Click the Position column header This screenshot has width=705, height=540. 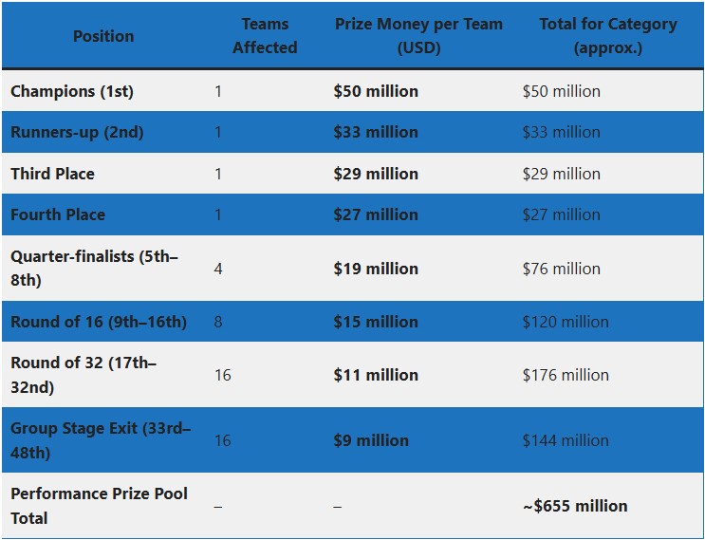pos(103,36)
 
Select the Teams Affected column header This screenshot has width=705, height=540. pos(265,35)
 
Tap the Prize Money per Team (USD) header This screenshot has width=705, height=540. pos(418,35)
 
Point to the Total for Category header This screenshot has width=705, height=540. pos(608,35)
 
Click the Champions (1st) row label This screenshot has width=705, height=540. pos(72,91)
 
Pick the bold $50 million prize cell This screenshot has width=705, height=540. pos(376,91)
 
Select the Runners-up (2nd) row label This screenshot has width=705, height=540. pos(77,132)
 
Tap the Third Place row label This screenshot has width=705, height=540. pos(52,174)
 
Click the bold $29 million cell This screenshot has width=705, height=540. pos(376,174)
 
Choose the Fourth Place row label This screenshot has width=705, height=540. pos(58,214)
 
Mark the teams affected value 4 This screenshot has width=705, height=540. pos(218,269)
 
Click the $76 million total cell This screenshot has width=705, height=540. pos(561,269)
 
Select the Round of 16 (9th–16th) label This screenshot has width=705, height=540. pos(99,322)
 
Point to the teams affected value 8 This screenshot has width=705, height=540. pos(218,322)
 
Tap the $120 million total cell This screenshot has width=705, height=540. pos(566,322)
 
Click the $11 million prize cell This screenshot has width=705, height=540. pos(376,375)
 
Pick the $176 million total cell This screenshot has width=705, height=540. pos(566,375)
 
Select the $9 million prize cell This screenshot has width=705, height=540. pos(371,440)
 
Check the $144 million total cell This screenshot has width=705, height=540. pos(566,440)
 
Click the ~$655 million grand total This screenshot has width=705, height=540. pos(575,506)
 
